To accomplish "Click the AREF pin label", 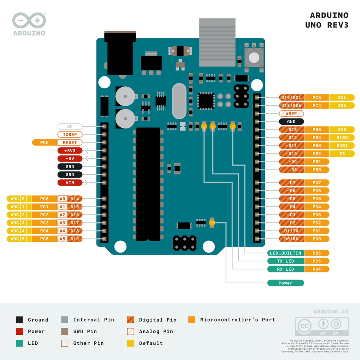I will click(x=291, y=114).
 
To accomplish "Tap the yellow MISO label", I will click(x=342, y=138).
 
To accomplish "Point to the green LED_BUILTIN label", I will click(x=286, y=253).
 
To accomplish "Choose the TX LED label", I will click(x=286, y=261).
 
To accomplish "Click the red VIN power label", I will click(x=70, y=183).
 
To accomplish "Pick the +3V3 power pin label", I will click(x=70, y=151).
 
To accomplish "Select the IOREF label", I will click(x=70, y=134).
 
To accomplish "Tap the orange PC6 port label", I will click(x=44, y=142).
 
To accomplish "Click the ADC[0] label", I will click(x=19, y=199).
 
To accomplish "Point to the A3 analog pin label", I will click(x=62, y=223).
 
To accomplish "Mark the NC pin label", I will click(x=70, y=126).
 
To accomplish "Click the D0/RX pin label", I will click(x=291, y=239).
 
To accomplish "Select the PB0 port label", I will click(x=317, y=170).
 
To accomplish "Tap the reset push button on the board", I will click(x=254, y=57).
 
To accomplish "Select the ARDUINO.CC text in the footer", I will click(x=331, y=311).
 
